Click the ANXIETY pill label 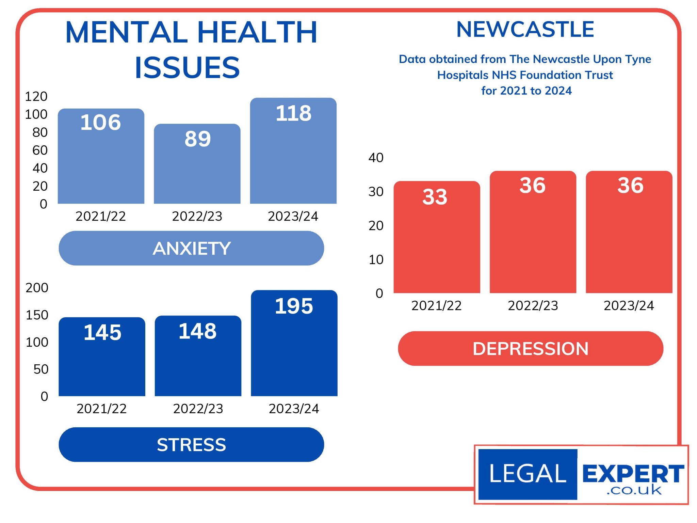[191, 248]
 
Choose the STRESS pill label [191, 445]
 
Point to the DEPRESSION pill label [530, 349]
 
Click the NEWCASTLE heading [525, 29]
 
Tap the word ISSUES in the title [188, 67]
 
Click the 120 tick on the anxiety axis [36, 97]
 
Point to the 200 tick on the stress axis [37, 288]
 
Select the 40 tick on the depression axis [376, 158]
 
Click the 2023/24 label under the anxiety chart [293, 216]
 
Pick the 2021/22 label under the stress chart [101, 409]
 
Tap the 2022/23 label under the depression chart [533, 306]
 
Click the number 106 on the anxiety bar [101, 122]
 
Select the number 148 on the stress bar [198, 331]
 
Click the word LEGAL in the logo [528, 474]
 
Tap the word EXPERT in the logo [633, 474]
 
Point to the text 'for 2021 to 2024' [526, 91]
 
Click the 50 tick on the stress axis [41, 369]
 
